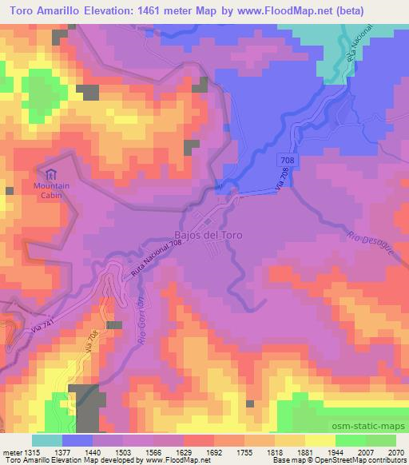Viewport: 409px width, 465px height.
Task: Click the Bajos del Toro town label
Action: (x=208, y=236)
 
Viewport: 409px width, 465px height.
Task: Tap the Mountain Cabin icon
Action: (x=51, y=174)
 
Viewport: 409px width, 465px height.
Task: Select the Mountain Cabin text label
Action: (x=51, y=191)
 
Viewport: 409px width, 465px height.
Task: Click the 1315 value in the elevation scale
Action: (x=32, y=451)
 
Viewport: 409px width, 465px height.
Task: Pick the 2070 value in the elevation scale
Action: (x=395, y=451)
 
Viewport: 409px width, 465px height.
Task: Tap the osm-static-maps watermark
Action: (x=363, y=428)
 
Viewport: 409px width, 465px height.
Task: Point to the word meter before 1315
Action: (x=10, y=451)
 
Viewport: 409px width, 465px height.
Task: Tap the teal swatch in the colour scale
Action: (x=47, y=440)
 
